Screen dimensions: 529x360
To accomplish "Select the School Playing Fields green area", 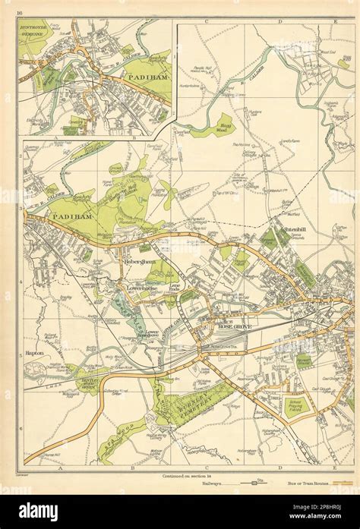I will click(296, 406).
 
